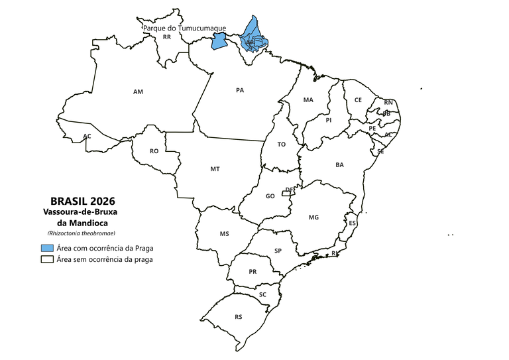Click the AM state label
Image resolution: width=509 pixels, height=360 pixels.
[138, 91]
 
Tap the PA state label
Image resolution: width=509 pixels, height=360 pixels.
[240, 90]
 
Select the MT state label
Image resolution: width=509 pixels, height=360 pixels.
[215, 169]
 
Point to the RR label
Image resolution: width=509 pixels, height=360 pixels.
[167, 38]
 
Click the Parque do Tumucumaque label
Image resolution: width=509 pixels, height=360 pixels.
[184, 29]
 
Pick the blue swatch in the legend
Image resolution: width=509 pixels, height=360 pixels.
[46, 248]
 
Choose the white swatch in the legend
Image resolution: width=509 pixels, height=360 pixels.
[46, 259]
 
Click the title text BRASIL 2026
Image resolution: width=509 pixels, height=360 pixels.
[83, 201]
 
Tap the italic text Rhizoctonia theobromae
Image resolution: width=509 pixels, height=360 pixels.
[82, 233]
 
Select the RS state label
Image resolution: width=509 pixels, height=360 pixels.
[238, 317]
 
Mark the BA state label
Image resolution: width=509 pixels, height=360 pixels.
[339, 164]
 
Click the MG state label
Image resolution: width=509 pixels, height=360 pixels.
[313, 217]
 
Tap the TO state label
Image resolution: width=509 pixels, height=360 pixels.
[281, 144]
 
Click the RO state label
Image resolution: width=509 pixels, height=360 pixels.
[154, 151]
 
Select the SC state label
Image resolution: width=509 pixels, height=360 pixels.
[262, 294]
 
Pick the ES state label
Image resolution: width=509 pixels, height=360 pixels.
[352, 223]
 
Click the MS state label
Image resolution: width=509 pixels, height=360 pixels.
[224, 234]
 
